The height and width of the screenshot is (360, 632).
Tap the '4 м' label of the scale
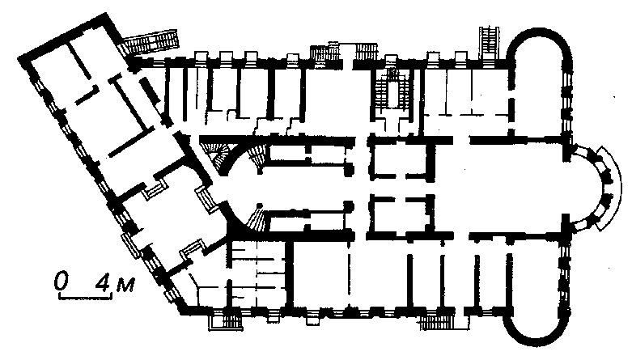click(114, 283)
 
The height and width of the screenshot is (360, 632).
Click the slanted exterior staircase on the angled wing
click(150, 43)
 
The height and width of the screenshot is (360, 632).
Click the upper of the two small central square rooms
click(398, 160)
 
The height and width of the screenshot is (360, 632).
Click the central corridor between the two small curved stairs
click(307, 188)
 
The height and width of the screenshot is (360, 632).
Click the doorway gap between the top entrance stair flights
click(347, 57)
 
